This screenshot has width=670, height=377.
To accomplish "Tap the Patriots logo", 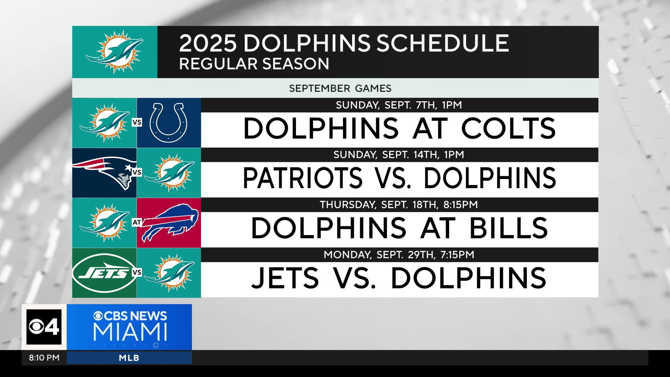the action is tap(104, 172).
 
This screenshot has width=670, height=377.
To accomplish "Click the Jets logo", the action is tap(104, 273).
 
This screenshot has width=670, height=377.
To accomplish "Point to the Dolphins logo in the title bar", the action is tap(115, 52).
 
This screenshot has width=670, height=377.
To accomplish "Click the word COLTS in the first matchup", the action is tap(508, 128).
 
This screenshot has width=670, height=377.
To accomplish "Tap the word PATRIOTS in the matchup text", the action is tap(303, 178).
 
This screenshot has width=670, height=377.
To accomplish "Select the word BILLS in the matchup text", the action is tap(508, 228).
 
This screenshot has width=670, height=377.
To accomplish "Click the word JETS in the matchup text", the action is tap(285, 278).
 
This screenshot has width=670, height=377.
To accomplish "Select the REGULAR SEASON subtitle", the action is tap(254, 64).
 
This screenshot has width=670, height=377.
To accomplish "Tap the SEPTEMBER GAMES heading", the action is tap(340, 88).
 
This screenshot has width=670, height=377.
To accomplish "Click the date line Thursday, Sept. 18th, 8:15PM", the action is tap(399, 205).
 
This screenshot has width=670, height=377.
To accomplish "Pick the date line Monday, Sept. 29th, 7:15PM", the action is tap(399, 255).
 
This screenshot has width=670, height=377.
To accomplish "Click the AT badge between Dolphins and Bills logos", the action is tap(137, 222).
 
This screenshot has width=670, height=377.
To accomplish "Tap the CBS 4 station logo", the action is tap(44, 327).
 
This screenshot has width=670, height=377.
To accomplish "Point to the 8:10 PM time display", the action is tap(44, 358).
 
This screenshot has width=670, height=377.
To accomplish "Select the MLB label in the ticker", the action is tap(129, 358).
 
